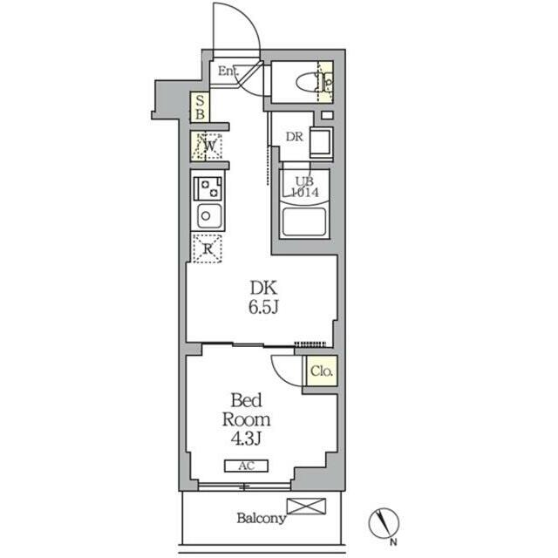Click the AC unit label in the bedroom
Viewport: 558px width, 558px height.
pos(246,466)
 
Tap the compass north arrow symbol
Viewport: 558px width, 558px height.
pos(384,523)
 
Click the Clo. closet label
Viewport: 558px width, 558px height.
pos(322,371)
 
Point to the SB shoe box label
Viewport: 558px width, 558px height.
pos(200,107)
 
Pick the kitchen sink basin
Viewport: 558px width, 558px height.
pos(209,216)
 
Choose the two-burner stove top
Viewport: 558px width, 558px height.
pos(208,188)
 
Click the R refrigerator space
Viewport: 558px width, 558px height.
pos(208,248)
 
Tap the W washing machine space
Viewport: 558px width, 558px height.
pos(208,146)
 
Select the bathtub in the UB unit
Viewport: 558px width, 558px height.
pos(304,221)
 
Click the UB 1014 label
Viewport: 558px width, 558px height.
pos(305,187)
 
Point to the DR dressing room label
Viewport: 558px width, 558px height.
pos(295,137)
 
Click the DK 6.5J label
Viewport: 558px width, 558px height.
pos(263,297)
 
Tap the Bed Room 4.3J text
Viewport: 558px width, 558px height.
pos(246,419)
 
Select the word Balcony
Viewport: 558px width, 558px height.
pos(262,518)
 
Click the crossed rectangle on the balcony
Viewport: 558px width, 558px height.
pos(306,506)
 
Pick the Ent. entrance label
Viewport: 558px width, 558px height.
pos(228,71)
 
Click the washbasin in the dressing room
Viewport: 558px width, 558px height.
pos(321,142)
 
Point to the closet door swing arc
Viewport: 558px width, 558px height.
pos(280,373)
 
